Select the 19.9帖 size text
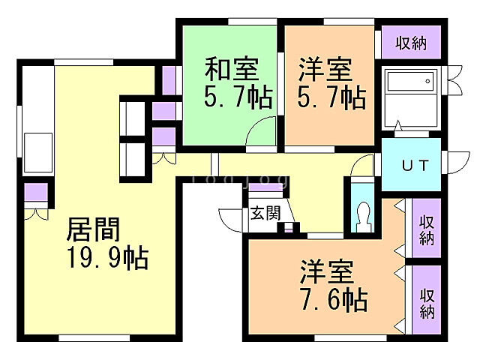click(104, 258)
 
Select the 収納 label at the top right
click(412, 43)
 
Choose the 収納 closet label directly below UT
click(426, 229)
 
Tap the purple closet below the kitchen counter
click(34, 193)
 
